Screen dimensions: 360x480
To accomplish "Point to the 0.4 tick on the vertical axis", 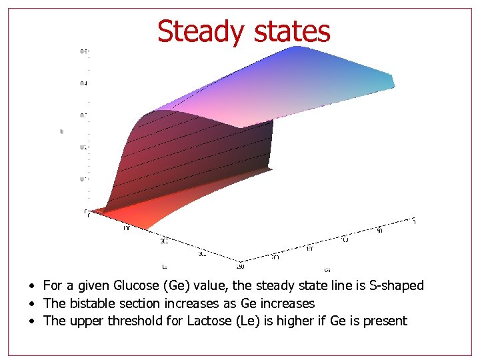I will click(x=83, y=83).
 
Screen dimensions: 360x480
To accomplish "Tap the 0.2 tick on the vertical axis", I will click(x=83, y=147).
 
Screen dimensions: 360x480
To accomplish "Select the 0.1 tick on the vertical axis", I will click(x=83, y=179).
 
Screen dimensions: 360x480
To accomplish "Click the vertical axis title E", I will click(x=62, y=131).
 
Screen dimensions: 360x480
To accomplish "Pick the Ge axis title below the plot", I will click(x=327, y=270).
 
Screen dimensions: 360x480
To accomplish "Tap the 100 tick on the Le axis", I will click(x=125, y=228).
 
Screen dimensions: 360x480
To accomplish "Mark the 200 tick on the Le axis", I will click(x=165, y=241).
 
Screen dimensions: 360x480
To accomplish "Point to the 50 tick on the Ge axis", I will click(x=380, y=230).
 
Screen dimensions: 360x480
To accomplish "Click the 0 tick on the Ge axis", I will click(x=414, y=221).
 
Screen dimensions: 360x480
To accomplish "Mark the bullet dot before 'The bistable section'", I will click(x=32, y=304).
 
